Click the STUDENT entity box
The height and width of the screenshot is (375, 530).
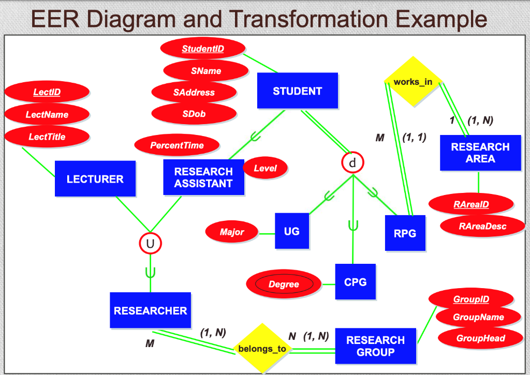(298, 91)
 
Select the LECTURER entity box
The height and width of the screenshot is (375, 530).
(95, 179)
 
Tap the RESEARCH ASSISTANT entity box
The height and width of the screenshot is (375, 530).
(203, 177)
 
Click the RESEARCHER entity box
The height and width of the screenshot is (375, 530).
(150, 310)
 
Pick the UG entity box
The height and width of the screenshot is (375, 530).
(292, 231)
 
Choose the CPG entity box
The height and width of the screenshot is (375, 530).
(355, 282)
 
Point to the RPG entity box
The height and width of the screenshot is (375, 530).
(405, 233)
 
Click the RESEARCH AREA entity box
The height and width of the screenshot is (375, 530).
(480, 153)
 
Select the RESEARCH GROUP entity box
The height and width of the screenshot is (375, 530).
(375, 346)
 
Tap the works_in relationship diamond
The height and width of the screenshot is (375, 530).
(413, 82)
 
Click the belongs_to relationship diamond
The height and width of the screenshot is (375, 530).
(262, 348)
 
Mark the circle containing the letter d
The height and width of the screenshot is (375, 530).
(352, 163)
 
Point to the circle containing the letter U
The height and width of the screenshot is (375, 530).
(150, 243)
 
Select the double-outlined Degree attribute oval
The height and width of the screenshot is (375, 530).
(284, 284)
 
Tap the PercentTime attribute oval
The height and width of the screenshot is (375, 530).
(177, 145)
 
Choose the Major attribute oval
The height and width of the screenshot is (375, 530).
(232, 232)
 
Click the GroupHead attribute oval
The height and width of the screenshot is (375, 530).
(481, 338)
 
